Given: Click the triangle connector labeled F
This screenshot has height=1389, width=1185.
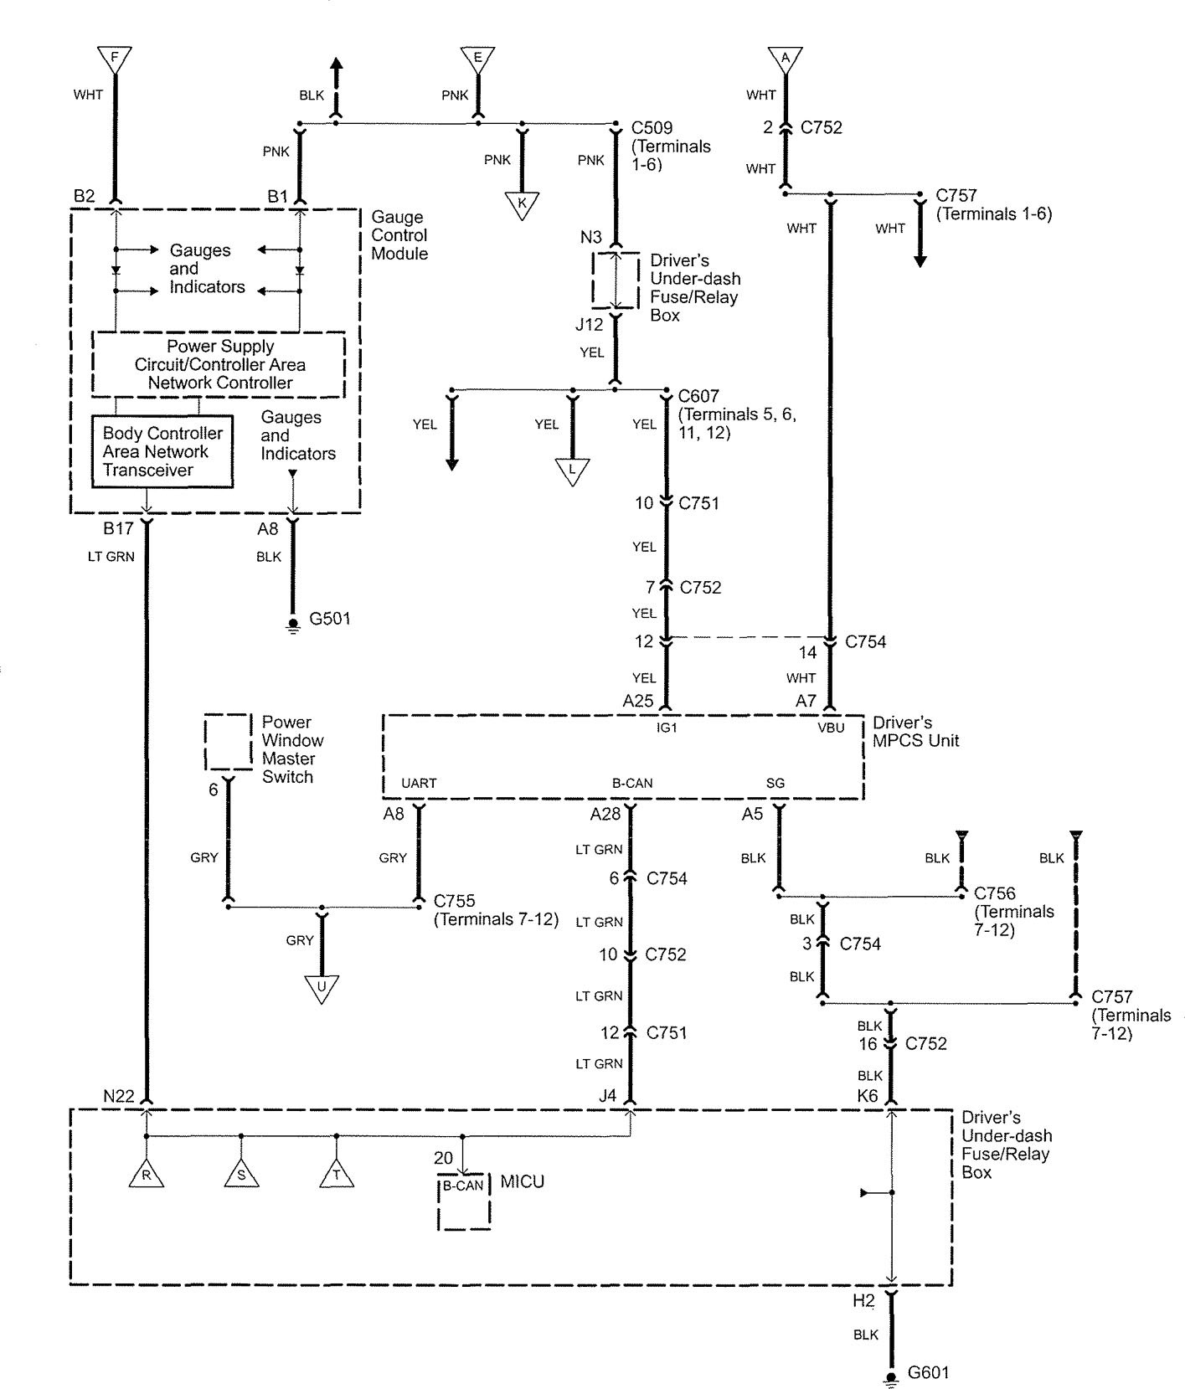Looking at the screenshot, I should coord(115,58).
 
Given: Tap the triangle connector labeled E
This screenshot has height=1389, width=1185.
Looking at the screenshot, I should coord(477,58).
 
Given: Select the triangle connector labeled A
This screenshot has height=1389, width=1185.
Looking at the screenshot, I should coord(786,58).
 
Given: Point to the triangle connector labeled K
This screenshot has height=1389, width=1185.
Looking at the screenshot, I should coord(522,203).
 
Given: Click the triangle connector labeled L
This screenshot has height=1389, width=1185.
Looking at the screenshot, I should coord(573,471).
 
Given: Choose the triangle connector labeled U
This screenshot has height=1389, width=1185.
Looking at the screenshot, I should coord(322,987).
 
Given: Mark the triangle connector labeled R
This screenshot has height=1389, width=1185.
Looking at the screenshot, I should coord(146,1175).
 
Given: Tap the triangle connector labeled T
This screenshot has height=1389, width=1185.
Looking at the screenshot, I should coord(337,1175).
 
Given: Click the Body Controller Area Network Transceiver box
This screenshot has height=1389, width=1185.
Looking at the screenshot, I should coord(162,451).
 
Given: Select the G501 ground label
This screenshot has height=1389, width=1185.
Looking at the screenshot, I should coord(330,619).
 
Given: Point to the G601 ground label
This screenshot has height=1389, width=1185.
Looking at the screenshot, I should coord(929,1373).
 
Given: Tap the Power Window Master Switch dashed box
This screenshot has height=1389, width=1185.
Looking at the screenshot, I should coord(229,742).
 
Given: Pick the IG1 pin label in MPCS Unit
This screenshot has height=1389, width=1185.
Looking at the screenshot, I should coord(667,728).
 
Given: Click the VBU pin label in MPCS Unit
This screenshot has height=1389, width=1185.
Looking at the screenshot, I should coord(831,728).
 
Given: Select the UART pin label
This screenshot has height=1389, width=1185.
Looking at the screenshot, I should coord(419,784).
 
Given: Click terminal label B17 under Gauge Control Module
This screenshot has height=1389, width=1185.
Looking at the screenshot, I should coord(118,528).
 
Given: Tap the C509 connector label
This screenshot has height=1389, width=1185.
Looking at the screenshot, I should coord(652,128).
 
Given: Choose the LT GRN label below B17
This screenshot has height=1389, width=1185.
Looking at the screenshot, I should coord(111,556).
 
